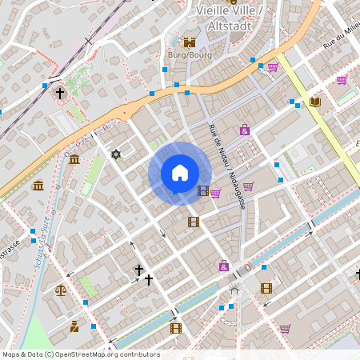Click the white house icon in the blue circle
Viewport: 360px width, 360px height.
[x=180, y=173]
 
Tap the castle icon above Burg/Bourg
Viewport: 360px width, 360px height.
[x=190, y=42]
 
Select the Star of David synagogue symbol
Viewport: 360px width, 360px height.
[x=116, y=154]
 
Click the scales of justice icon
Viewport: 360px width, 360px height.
[x=61, y=289]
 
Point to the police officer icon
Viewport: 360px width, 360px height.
[x=74, y=326]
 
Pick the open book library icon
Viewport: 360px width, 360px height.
[x=314, y=102]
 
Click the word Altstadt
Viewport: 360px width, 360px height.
[x=230, y=26]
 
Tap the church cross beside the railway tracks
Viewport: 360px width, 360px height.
[x=60, y=93]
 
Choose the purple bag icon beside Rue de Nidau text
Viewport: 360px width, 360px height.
[x=244, y=130]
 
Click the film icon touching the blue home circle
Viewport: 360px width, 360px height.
[x=202, y=190]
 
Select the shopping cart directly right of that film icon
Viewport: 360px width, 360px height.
[x=215, y=193]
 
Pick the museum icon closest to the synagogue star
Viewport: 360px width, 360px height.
[x=74, y=162]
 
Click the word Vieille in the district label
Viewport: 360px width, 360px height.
[x=212, y=10]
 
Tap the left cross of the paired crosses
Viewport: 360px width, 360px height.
[x=138, y=270]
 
